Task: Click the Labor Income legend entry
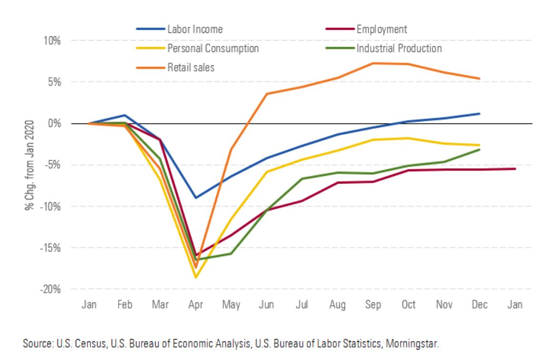(x=194, y=29)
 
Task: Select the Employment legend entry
(x=382, y=29)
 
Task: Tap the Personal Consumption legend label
(x=212, y=49)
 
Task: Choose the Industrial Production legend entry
(x=399, y=49)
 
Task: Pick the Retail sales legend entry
(x=191, y=68)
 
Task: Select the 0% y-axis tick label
(x=52, y=123)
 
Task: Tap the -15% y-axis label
(x=49, y=248)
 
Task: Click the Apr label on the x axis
(x=195, y=305)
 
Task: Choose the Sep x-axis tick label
(x=373, y=305)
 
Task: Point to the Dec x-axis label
(x=479, y=305)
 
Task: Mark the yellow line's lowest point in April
(x=195, y=278)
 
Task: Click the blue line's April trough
(x=195, y=197)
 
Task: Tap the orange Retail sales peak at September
(x=373, y=63)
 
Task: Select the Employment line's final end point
(x=515, y=169)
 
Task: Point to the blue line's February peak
(x=124, y=115)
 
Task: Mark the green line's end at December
(x=479, y=150)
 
